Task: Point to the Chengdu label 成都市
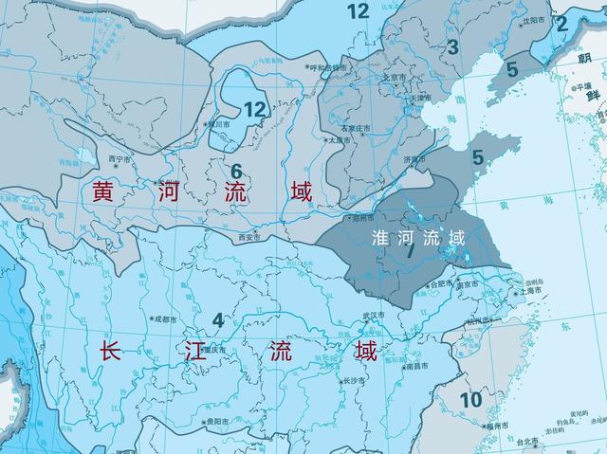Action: coord(162,319)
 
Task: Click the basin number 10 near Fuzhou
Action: coord(471,400)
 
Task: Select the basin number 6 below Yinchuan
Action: coord(237,172)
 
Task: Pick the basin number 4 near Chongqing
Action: coord(218,319)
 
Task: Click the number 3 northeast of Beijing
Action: coord(452,46)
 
